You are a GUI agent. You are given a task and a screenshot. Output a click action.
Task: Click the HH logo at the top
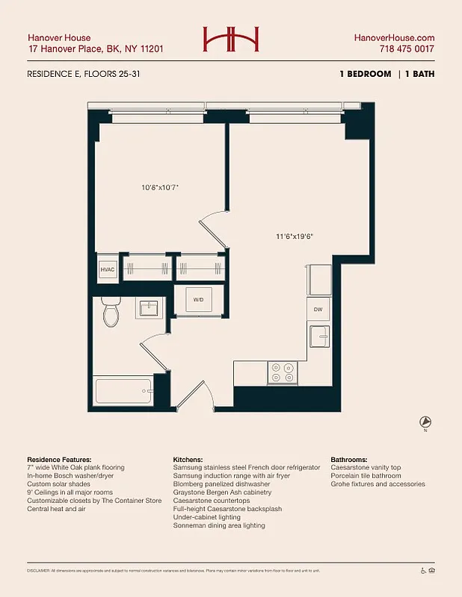230,40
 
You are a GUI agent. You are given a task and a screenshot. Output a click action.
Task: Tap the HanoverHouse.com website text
393,38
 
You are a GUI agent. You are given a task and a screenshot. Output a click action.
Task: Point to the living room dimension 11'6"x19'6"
294,237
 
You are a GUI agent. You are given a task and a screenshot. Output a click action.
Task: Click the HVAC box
108,269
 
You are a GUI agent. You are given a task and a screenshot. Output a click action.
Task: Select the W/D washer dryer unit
199,300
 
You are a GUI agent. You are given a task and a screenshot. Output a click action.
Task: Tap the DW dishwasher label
318,309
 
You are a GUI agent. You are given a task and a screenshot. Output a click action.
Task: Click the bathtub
123,390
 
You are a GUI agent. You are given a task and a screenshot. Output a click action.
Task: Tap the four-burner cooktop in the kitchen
283,372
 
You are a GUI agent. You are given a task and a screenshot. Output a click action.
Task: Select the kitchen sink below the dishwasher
318,336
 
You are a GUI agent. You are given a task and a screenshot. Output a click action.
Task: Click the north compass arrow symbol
425,422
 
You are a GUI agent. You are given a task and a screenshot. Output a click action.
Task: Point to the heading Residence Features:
59,460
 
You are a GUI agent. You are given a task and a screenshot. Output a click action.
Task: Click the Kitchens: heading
188,460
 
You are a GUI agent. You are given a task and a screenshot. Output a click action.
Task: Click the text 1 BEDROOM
365,74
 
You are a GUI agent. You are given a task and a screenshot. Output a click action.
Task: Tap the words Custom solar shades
59,484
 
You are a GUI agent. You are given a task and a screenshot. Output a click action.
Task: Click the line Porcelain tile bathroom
366,476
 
